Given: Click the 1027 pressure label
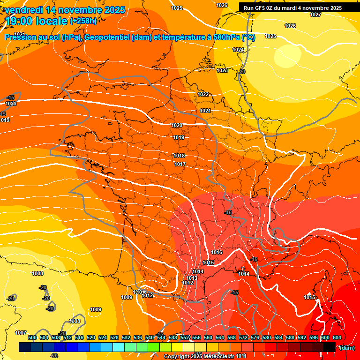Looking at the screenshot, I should click(315, 15).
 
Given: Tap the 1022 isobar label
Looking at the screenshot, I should click(203, 94).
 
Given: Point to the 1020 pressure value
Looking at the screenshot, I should click(177, 125).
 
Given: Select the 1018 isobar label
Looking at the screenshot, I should click(179, 156).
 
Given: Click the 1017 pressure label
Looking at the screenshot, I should click(180, 164).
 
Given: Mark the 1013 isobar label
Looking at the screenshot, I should click(192, 278).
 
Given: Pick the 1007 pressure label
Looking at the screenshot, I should click(21, 333).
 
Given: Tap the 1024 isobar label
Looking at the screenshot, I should click(238, 50).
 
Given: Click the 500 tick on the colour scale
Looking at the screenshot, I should click(32, 337).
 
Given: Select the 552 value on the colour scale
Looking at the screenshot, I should click(184, 337).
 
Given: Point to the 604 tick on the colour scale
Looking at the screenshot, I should click(337, 337).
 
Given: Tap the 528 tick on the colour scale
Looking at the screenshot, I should click(114, 337).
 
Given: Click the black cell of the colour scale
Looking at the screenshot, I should click(330, 347).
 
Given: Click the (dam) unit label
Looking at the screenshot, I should click(346, 347).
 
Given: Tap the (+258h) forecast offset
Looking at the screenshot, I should click(83, 21).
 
